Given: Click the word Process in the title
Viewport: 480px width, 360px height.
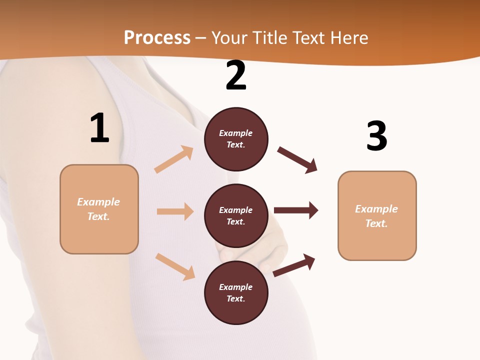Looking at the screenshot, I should pos(157,37).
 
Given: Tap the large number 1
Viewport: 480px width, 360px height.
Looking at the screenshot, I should pos(99,128).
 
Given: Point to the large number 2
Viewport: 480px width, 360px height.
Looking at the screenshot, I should pos(236,75).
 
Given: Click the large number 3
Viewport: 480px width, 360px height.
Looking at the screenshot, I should pos(377,136).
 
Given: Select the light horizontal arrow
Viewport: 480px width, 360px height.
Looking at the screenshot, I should pos(175,211).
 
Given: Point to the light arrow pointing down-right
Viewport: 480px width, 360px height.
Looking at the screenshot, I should pos(175,266).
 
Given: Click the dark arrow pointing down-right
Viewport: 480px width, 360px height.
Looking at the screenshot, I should pos(297,160).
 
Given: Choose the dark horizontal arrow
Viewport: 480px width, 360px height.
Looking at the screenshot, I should pos(296,210).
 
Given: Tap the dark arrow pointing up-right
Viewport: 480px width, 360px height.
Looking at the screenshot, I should pos(294,265).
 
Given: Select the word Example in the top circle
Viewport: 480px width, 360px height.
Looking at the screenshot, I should pos(236,133).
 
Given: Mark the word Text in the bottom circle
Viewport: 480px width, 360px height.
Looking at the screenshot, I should pos(235,298).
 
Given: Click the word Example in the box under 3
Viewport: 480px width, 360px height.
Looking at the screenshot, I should pos(376,209).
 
